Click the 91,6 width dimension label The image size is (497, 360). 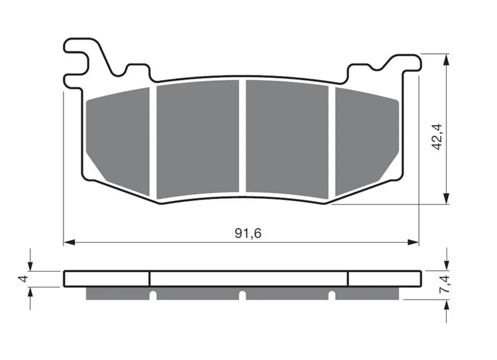pos(248,233)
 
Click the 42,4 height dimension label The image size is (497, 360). pos(436,137)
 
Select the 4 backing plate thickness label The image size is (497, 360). pos(24,279)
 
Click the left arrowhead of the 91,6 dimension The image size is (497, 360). pos(69,242)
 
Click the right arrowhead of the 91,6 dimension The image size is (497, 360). pos(413,242)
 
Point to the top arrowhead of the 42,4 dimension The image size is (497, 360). pos(446,60)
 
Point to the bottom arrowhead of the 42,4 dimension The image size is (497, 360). pos(446,199)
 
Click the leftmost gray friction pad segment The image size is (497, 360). pos(118,141)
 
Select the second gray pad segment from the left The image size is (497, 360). pos(198,140)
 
